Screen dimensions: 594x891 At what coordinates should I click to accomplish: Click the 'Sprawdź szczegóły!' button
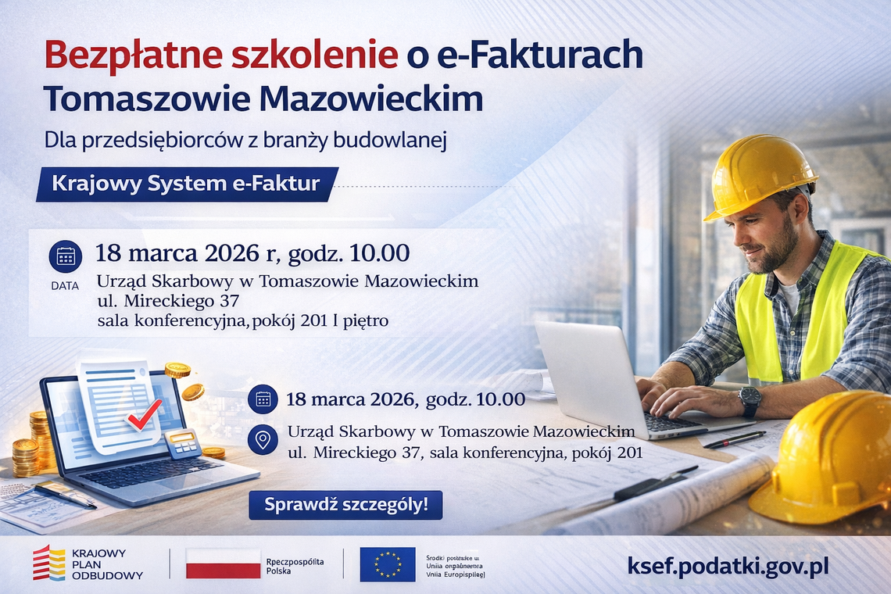pos(345,505)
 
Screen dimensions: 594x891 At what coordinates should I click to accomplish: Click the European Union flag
pos(388,564)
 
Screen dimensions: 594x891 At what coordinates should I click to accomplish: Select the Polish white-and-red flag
pos(223,564)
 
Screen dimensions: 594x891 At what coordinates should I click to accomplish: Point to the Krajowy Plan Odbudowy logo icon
pos(48,563)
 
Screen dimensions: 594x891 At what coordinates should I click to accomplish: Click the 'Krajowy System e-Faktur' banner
pos(186,184)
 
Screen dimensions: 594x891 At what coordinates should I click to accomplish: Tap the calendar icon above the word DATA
pos(65,256)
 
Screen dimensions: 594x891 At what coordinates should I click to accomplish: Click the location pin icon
pos(263,439)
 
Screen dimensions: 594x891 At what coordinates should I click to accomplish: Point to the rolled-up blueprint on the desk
pos(664,500)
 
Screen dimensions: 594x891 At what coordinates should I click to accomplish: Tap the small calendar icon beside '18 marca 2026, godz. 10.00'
pos(263,399)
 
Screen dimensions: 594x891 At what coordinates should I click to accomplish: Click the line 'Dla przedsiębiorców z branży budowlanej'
pos(245,140)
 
